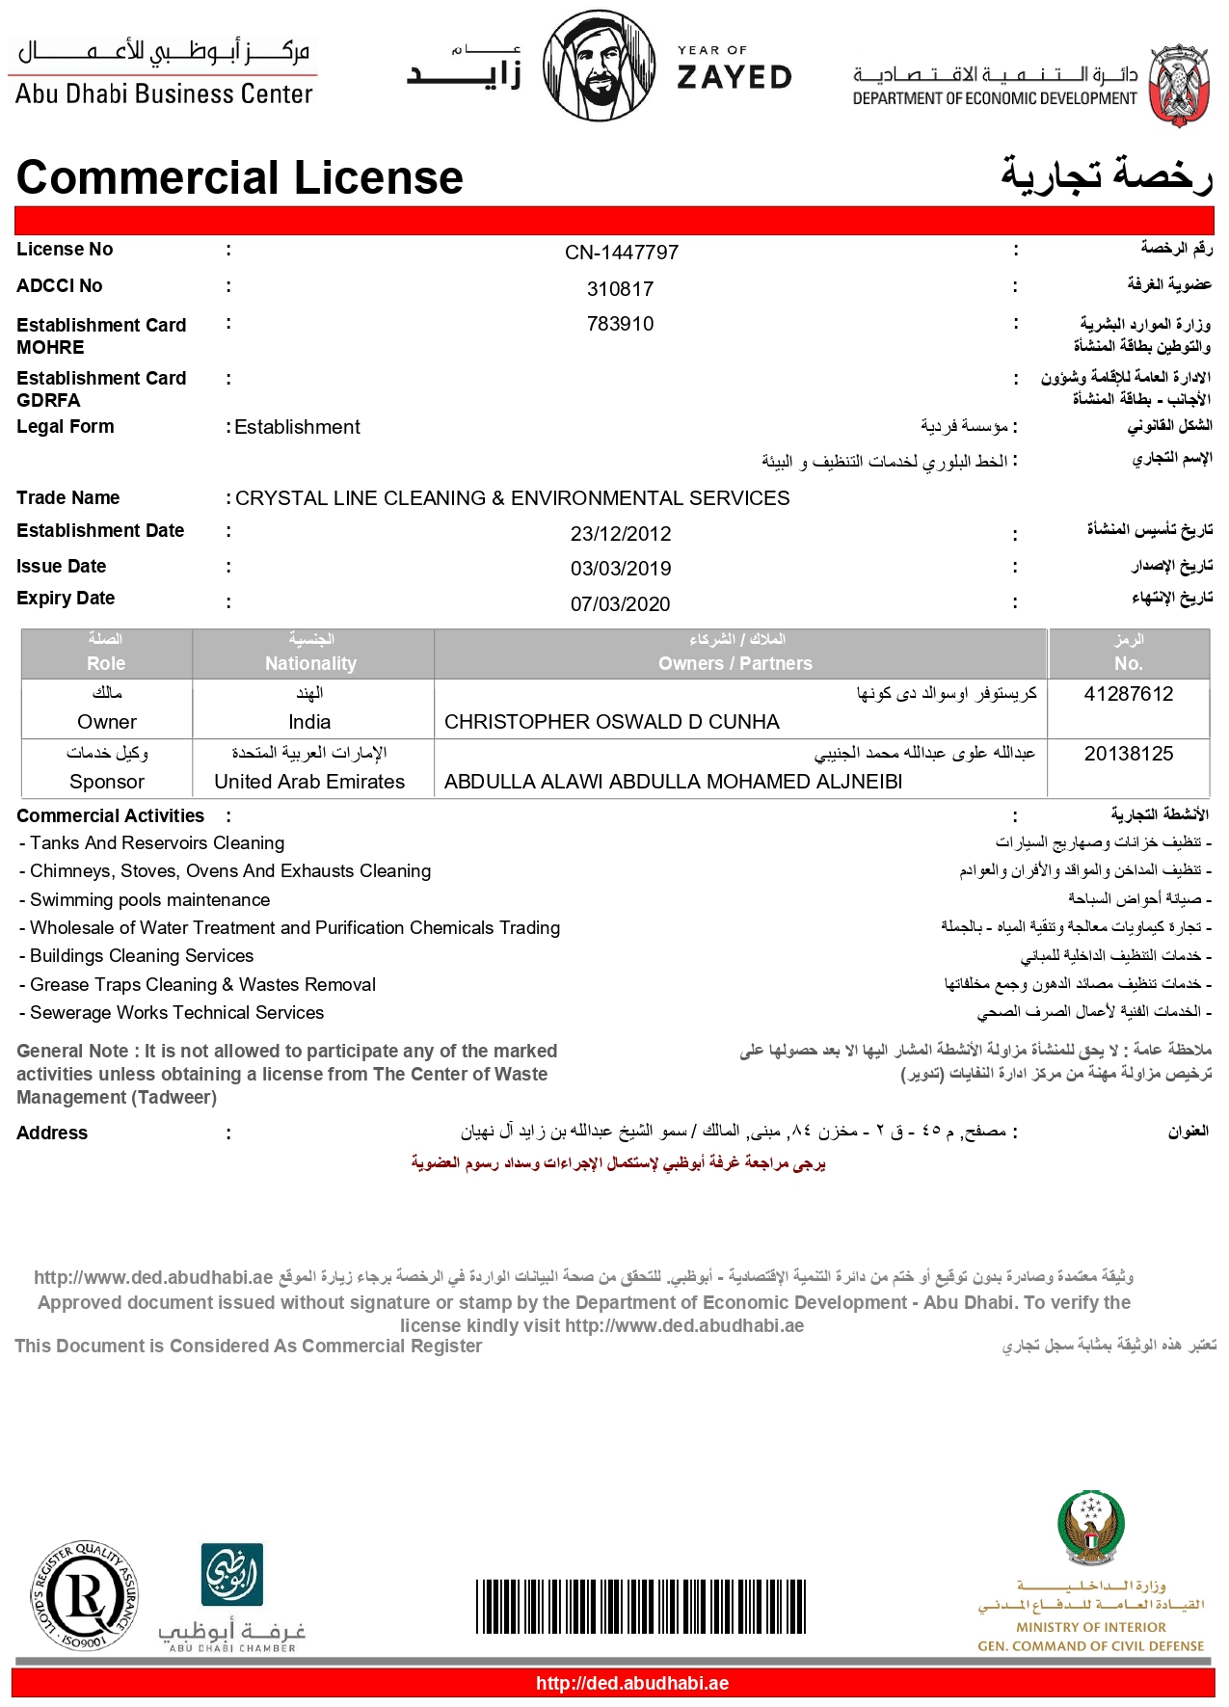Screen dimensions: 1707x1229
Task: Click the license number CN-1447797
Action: tap(622, 253)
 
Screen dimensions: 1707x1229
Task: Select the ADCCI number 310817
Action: tap(620, 289)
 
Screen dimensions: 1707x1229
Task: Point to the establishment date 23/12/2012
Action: tap(620, 534)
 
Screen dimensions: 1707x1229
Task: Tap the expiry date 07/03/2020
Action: tap(620, 604)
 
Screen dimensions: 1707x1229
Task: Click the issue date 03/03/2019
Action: tap(620, 569)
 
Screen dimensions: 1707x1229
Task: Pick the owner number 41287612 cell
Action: tap(1128, 695)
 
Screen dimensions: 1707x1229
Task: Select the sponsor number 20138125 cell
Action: tap(1128, 754)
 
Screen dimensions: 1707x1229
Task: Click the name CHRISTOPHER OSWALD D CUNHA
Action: tap(612, 722)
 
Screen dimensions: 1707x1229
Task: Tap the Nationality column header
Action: tap(310, 663)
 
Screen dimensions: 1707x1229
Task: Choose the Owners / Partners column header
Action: tap(735, 663)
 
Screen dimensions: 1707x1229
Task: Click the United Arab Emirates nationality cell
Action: tap(309, 782)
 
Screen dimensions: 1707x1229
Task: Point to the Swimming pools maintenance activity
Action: tap(149, 900)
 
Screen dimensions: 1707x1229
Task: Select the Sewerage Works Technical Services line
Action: tap(176, 1013)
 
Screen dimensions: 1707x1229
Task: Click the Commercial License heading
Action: tap(240, 178)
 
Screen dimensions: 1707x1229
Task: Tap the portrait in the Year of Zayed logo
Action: tap(600, 66)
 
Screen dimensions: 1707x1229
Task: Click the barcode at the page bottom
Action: tap(640, 1607)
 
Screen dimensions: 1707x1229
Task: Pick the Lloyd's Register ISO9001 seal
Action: tap(86, 1596)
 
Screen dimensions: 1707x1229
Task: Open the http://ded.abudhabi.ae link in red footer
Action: tap(631, 1684)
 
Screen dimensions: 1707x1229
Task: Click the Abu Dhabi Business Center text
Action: tap(164, 93)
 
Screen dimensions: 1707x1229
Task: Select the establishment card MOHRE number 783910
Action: tap(620, 324)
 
